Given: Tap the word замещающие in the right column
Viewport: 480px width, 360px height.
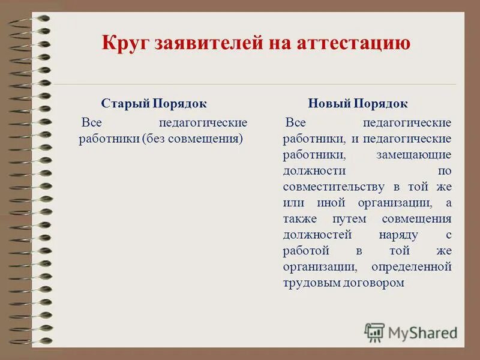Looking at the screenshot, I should (x=414, y=155).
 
